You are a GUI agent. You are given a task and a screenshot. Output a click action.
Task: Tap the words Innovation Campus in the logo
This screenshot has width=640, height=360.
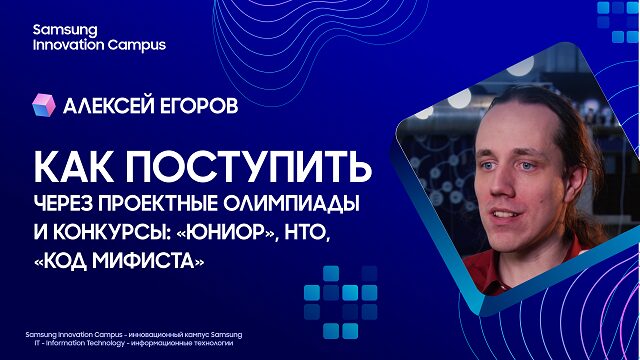[99, 45]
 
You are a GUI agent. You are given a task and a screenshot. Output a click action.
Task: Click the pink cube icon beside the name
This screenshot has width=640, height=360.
[44, 105]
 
